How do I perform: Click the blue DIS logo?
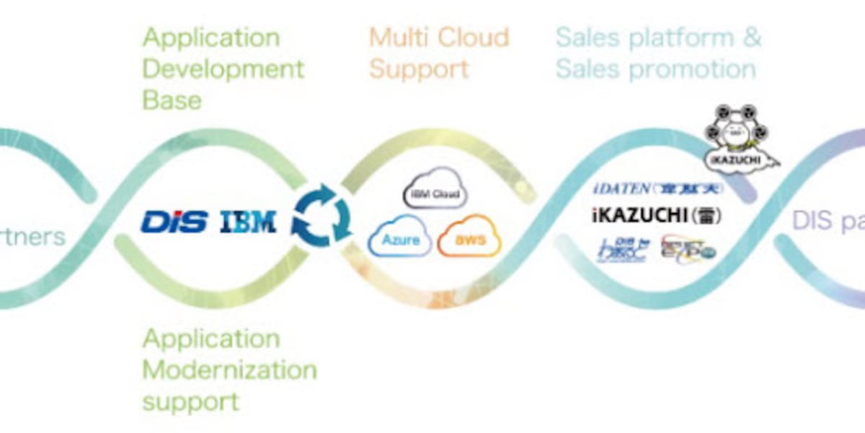(174, 221)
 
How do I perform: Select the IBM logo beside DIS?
(248, 221)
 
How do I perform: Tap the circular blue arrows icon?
(321, 215)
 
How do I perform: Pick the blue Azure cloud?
(399, 238)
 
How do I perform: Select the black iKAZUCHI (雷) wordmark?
(656, 215)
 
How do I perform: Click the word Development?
(223, 69)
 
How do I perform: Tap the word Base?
(172, 100)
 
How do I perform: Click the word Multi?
(400, 38)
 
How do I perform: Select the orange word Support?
(419, 69)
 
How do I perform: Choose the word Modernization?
(229, 369)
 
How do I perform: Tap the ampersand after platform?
(752, 38)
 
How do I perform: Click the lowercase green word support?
(190, 401)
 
